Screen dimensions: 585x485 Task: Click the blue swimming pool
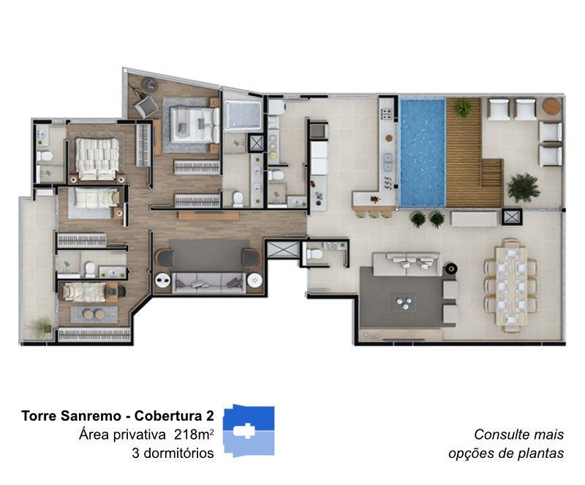click(x=423, y=152)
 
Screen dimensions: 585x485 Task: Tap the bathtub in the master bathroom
click(x=243, y=115)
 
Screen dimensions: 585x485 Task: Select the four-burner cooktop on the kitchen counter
click(x=386, y=114)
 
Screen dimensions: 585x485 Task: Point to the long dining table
click(x=510, y=285)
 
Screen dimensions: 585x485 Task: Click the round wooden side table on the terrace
click(x=551, y=107)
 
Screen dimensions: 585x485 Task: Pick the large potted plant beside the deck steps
click(x=524, y=187)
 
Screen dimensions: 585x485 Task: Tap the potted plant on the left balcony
click(x=40, y=326)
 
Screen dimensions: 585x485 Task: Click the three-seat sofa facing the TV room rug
click(x=209, y=282)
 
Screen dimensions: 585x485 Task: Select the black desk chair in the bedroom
click(x=121, y=291)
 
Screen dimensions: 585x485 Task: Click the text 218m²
click(x=194, y=435)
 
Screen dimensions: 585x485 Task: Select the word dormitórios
click(x=178, y=454)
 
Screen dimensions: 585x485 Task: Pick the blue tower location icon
click(x=249, y=430)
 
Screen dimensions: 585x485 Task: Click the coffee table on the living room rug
click(x=404, y=302)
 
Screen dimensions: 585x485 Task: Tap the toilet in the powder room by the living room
click(x=314, y=255)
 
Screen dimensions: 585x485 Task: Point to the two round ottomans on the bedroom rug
click(x=94, y=315)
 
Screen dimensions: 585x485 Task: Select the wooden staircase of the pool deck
click(x=491, y=173)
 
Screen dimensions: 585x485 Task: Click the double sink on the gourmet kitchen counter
click(x=388, y=162)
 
